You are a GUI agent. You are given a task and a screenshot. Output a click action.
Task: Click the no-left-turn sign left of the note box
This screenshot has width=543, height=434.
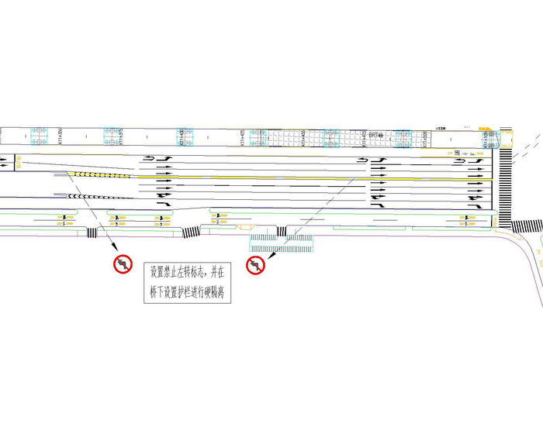click(123, 265)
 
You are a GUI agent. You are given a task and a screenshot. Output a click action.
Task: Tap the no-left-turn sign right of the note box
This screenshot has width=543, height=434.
click(256, 266)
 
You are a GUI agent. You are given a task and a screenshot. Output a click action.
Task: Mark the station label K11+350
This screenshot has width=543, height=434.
click(61, 136)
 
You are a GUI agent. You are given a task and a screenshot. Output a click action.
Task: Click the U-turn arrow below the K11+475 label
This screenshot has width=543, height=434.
click(361, 160)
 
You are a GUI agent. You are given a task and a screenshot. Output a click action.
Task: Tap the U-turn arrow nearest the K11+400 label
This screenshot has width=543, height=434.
click(147, 159)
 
